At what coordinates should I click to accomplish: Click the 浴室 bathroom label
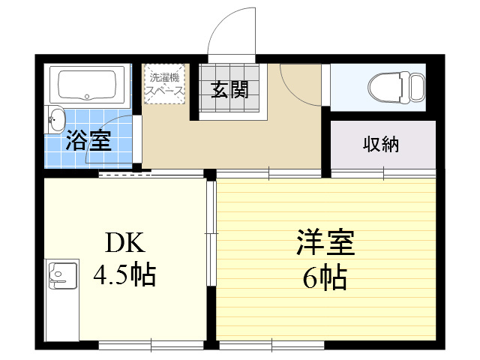click(88, 140)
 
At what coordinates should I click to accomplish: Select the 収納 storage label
click(382, 144)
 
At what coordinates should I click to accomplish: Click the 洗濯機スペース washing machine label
click(164, 83)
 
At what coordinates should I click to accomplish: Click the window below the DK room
click(151, 346)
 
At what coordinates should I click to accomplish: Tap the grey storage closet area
click(382, 145)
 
